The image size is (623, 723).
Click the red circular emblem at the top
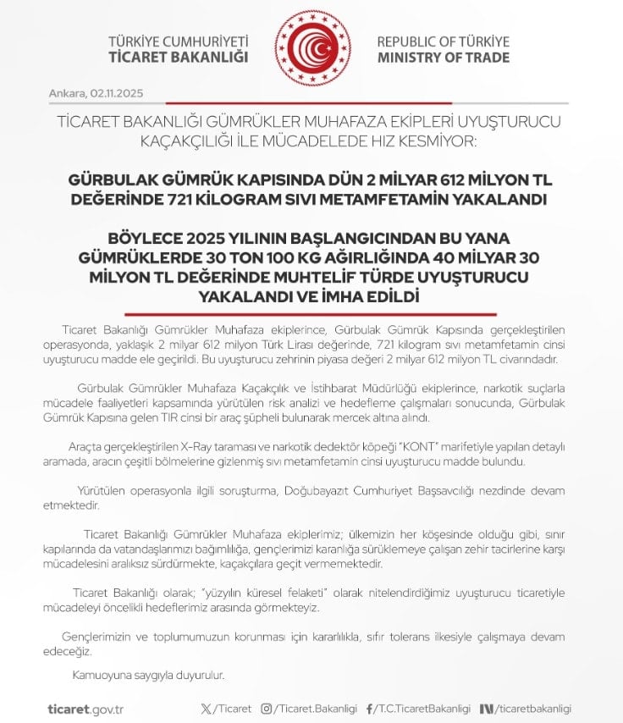(311, 47)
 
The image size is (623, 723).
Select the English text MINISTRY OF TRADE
(443, 58)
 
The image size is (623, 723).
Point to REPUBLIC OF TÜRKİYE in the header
(443, 41)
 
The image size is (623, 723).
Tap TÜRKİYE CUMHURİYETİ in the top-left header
(178, 41)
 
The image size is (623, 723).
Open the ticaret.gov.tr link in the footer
(85, 709)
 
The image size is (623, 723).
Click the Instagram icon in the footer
(266, 709)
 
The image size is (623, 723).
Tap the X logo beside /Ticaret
(207, 709)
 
